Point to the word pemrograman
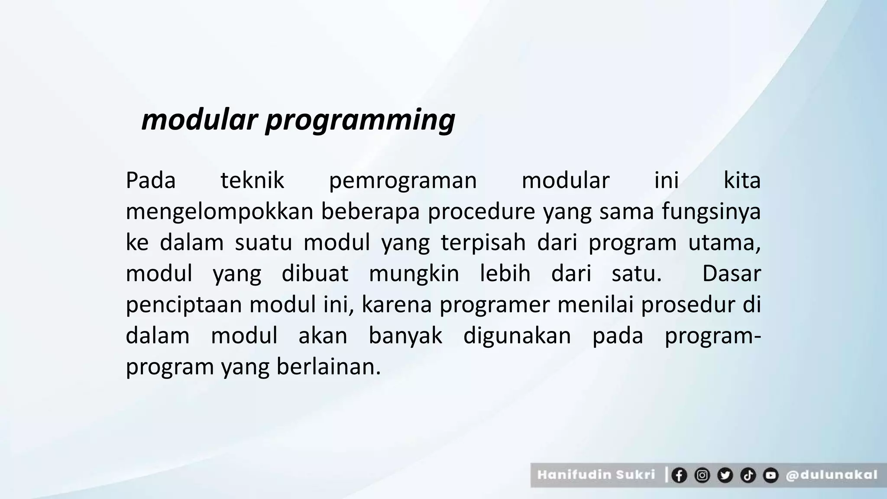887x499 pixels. [403, 181]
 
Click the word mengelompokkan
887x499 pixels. [219, 212]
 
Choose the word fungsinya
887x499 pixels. [711, 212]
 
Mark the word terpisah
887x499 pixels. [483, 243]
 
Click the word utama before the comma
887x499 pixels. [722, 243]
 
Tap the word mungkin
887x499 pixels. [414, 274]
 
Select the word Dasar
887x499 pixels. [731, 274]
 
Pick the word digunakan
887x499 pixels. [517, 336]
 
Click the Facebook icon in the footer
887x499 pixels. [679, 475]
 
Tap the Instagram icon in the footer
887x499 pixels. [702, 475]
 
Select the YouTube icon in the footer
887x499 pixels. [770, 475]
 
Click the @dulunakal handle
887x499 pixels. [832, 475]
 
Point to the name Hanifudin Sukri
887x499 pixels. [596, 475]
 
